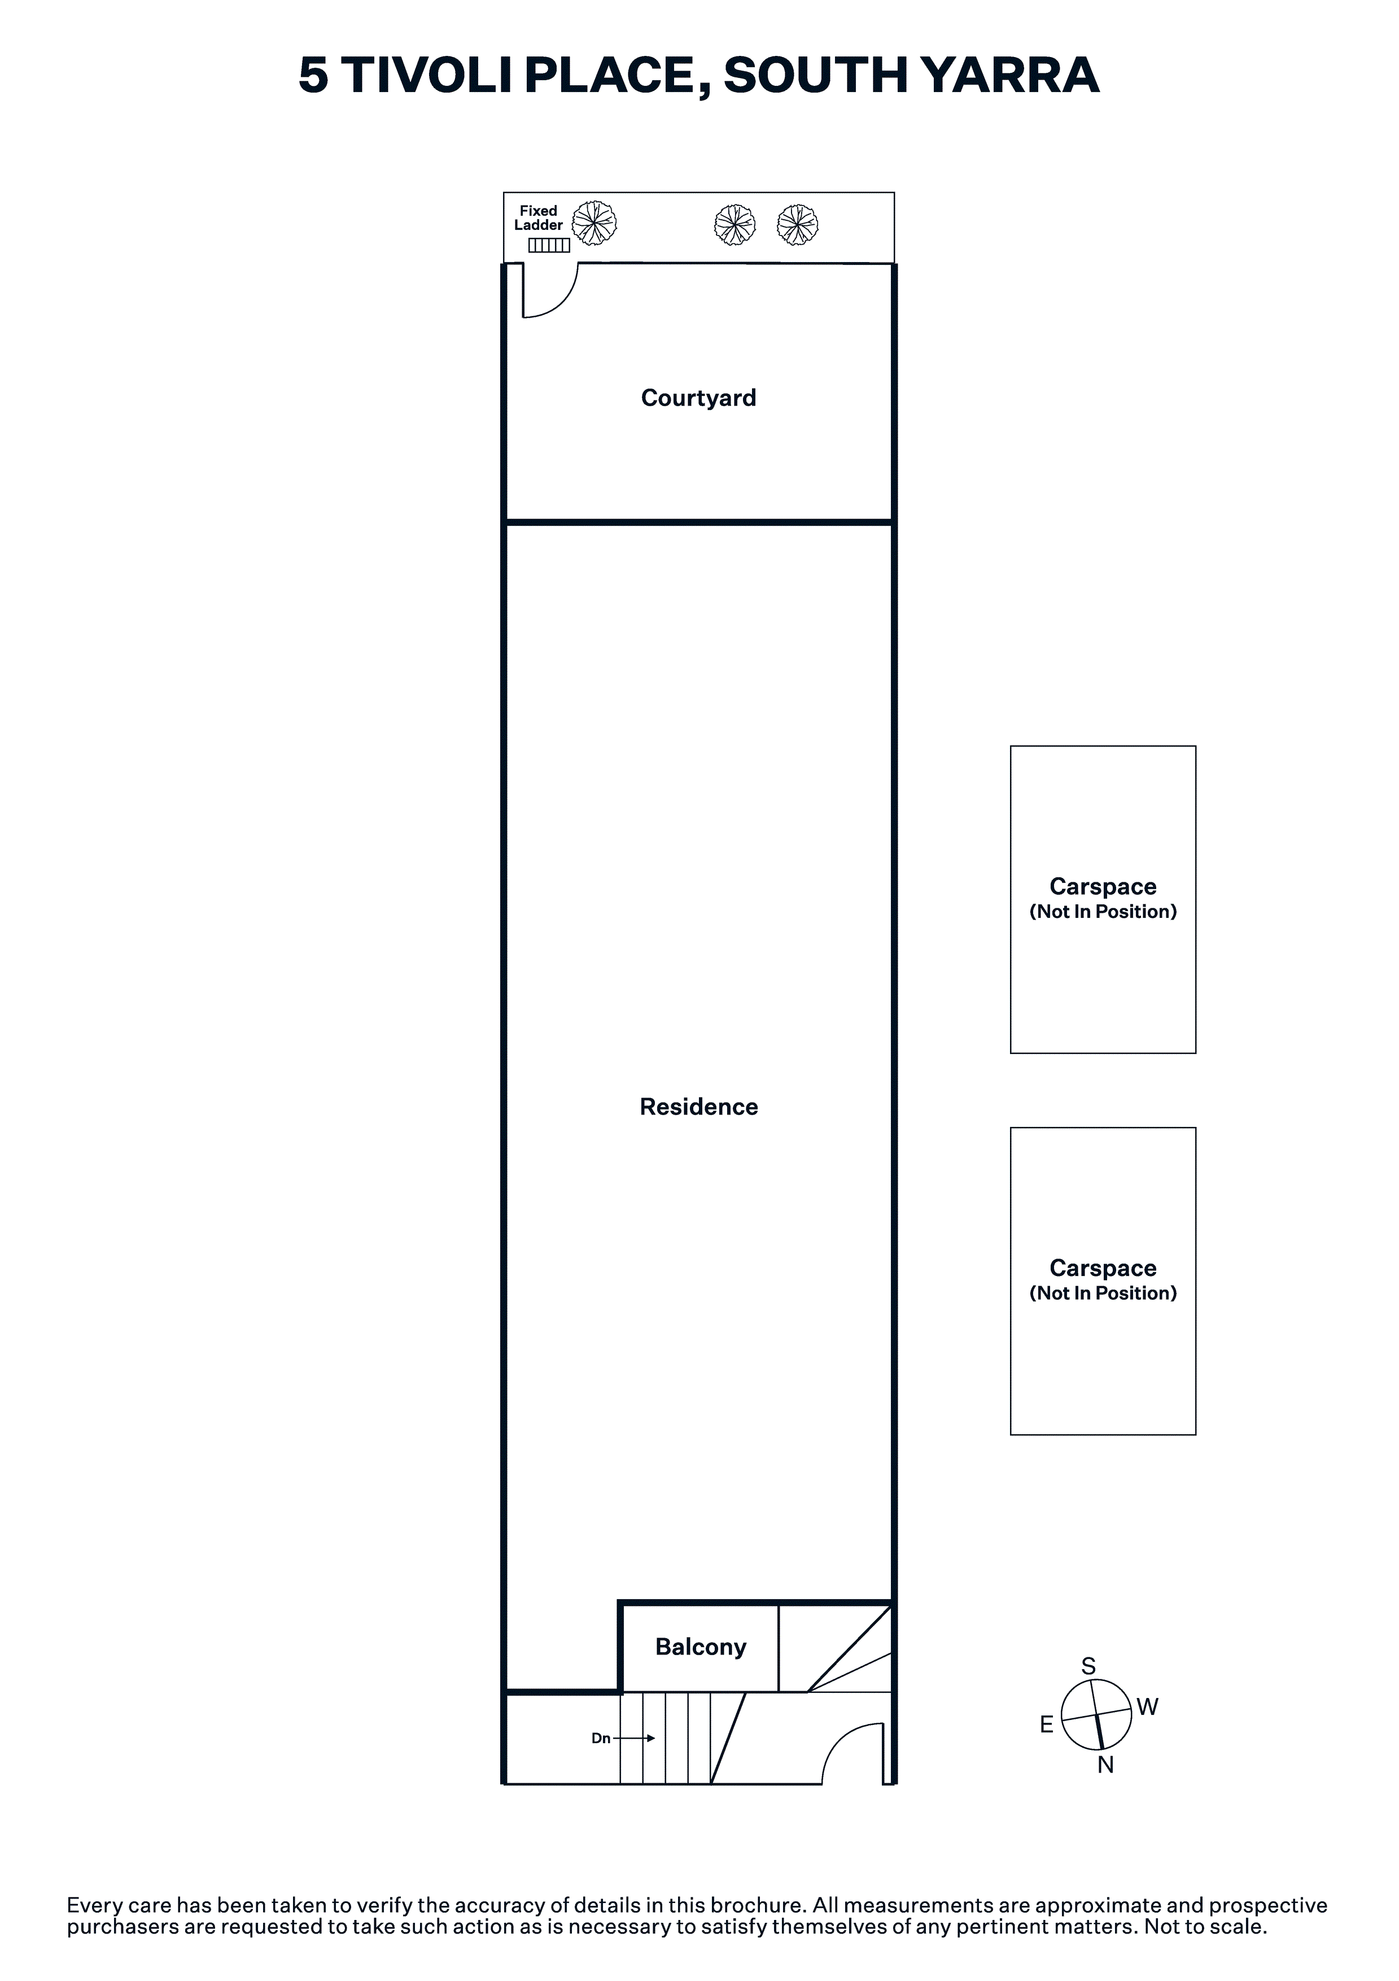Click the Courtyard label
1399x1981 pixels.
pyautogui.click(x=698, y=398)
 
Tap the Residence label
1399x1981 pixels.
pyautogui.click(x=698, y=1107)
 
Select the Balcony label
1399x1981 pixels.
pyautogui.click(x=701, y=1647)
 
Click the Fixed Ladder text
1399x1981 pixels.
pyautogui.click(x=538, y=217)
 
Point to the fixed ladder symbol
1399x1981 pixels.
pyautogui.click(x=549, y=246)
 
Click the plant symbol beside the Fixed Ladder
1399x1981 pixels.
pyautogui.click(x=594, y=223)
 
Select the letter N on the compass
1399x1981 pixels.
pyautogui.click(x=1106, y=1765)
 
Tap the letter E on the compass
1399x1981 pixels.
pyautogui.click(x=1046, y=1725)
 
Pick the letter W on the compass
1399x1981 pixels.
pyautogui.click(x=1147, y=1706)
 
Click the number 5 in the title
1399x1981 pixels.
pyautogui.click(x=314, y=75)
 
